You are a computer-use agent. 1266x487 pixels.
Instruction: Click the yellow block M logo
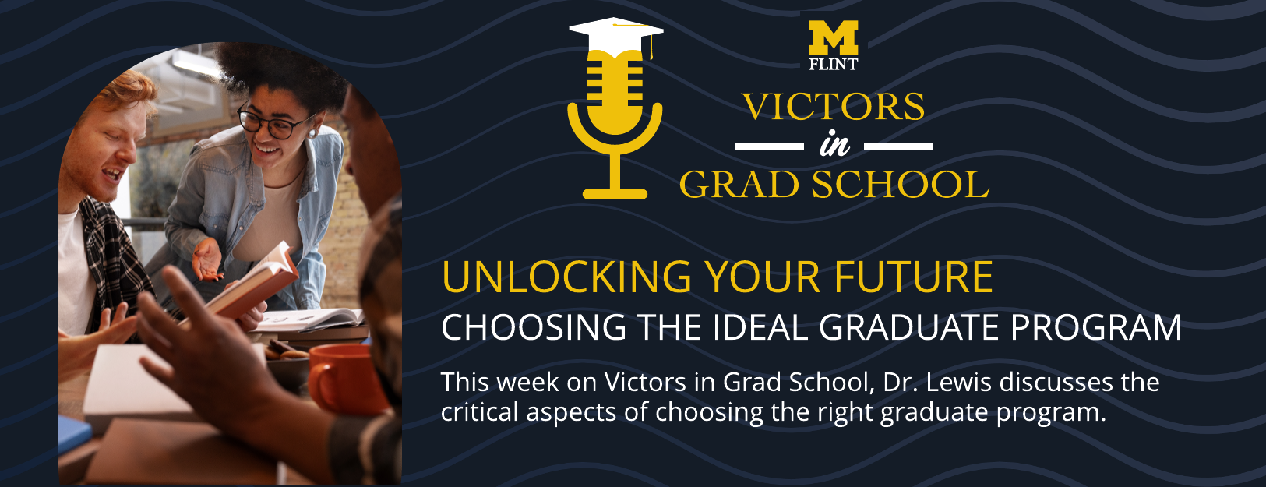[833, 38]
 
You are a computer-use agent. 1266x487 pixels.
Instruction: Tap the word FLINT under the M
[833, 65]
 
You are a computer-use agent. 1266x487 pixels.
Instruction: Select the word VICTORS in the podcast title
[833, 107]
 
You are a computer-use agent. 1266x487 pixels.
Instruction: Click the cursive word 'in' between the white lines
[834, 146]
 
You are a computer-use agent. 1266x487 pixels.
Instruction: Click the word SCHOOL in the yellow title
[900, 185]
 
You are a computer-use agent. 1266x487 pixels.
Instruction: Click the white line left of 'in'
[769, 146]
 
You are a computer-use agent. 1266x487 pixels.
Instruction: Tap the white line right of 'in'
[898, 146]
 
